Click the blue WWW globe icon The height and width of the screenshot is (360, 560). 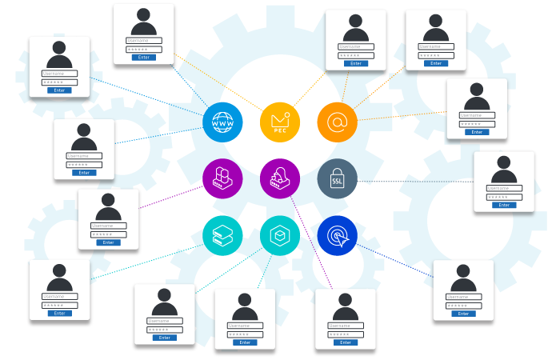tap(222, 122)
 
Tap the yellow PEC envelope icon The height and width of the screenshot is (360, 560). tap(280, 122)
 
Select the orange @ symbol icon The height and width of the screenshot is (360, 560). tap(338, 122)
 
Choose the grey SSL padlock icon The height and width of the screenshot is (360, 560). tap(338, 179)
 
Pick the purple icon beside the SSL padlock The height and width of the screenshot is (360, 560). tap(280, 179)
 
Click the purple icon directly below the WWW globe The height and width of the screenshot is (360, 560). tap(222, 179)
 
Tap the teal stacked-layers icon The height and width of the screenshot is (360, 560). tap(222, 236)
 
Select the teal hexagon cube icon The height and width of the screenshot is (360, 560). tap(280, 236)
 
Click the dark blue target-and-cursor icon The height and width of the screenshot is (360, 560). tap(338, 236)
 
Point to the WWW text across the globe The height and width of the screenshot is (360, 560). tap(222, 124)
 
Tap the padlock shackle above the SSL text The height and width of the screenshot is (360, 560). tap(338, 169)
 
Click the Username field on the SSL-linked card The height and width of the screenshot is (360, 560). tap(503, 188)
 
